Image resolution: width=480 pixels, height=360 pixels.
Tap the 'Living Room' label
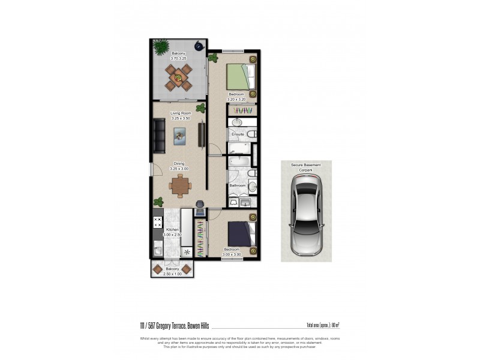tap(180, 113)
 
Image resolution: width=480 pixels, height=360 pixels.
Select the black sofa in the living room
tap(159, 136)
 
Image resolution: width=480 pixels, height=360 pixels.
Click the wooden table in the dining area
tap(179, 186)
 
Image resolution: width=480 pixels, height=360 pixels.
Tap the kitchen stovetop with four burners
tap(158, 223)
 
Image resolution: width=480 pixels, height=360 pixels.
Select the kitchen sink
tap(158, 247)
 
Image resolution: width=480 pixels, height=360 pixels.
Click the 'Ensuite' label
tap(238, 134)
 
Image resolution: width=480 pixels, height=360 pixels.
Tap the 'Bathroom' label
tap(238, 185)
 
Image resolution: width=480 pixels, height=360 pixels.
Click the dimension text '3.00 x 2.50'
tap(173, 235)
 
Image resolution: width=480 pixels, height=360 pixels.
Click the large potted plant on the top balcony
tap(161, 46)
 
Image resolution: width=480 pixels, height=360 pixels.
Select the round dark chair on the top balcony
tap(198, 46)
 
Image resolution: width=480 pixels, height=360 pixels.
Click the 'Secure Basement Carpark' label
tap(307, 166)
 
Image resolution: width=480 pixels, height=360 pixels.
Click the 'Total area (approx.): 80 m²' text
tap(323, 326)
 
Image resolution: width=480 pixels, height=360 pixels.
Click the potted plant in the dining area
tap(159, 202)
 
